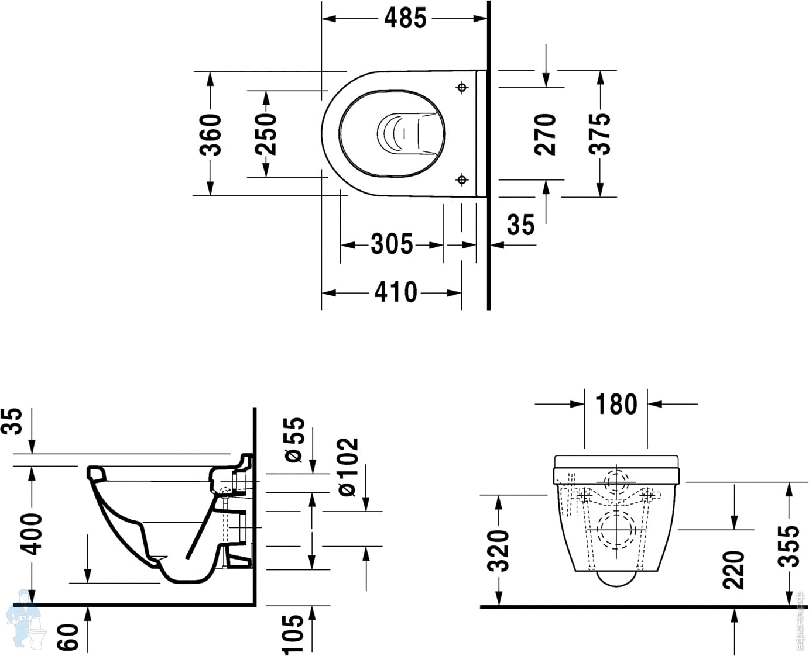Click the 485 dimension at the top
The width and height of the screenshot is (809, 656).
pos(405,18)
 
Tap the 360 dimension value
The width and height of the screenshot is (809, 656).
pos(210,134)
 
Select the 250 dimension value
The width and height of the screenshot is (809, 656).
pos(266,134)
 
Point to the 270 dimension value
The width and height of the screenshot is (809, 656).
pos(545,134)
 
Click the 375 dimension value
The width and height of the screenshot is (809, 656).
pos(599,134)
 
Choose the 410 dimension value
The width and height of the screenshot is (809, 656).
pos(396,292)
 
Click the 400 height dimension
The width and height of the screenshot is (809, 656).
pos(30,534)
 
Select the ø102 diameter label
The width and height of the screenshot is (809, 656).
pos(348,467)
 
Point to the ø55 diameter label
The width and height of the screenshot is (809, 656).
pos(294,440)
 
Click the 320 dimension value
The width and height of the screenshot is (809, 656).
pos(498,551)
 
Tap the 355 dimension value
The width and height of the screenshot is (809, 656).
pos(789,546)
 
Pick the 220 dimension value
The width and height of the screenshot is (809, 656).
pos(733,570)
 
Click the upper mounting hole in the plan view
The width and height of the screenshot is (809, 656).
pos(462,88)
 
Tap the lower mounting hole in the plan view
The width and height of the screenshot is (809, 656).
pos(462,179)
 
